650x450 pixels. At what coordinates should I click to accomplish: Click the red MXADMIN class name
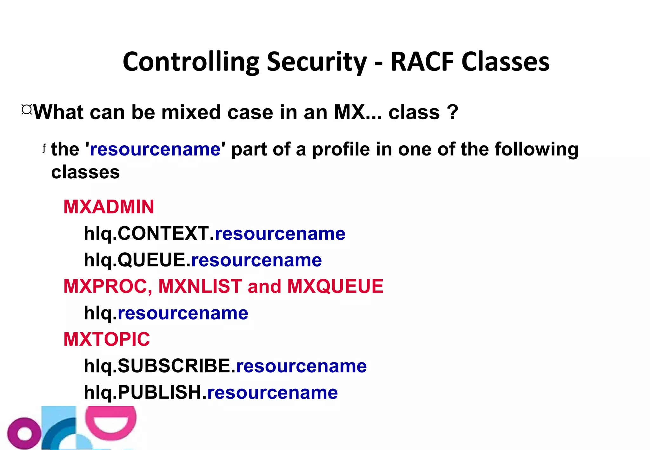click(x=109, y=207)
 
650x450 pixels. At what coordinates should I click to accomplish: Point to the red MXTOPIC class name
click(x=107, y=339)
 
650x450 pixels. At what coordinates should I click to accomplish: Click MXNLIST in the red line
click(x=200, y=286)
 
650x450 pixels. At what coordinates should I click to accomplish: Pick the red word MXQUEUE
click(x=335, y=286)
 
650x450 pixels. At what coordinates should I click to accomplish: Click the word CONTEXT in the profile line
click(x=163, y=234)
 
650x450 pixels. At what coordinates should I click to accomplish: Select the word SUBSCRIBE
click(x=174, y=366)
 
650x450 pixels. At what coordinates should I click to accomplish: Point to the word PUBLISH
click(x=160, y=392)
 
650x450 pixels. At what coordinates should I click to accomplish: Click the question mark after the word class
click(x=452, y=112)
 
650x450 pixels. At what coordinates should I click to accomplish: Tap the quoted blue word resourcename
click(x=155, y=149)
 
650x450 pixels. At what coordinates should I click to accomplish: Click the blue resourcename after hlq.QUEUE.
click(x=256, y=260)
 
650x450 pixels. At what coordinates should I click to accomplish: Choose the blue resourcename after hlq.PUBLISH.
click(x=272, y=393)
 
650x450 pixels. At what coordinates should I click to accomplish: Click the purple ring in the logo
click(x=24, y=433)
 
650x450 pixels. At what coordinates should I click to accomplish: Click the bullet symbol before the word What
click(x=27, y=110)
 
